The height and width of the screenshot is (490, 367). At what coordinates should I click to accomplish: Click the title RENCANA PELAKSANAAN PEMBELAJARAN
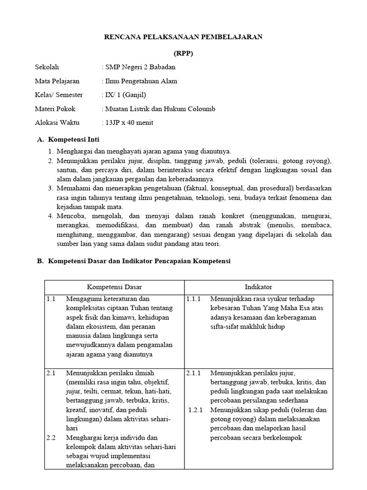(x=183, y=37)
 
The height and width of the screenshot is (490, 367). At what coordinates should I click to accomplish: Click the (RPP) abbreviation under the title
(x=183, y=53)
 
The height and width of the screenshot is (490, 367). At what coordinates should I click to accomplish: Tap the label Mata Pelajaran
(x=57, y=81)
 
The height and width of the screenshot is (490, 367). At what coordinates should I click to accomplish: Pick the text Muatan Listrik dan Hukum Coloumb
(x=160, y=109)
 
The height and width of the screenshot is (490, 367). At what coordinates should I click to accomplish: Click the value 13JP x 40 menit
(x=129, y=122)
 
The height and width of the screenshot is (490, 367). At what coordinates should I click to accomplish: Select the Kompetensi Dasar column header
(x=114, y=287)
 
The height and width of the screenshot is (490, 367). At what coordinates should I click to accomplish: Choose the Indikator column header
(x=259, y=287)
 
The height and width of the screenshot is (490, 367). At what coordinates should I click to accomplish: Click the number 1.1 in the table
(x=52, y=299)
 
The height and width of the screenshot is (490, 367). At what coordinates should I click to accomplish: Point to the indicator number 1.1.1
(x=194, y=299)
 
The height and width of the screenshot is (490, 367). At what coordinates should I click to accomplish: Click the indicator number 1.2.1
(x=196, y=410)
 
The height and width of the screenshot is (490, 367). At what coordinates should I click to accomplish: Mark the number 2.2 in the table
(x=52, y=437)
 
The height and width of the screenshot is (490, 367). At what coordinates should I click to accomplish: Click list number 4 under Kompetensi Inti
(x=51, y=216)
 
